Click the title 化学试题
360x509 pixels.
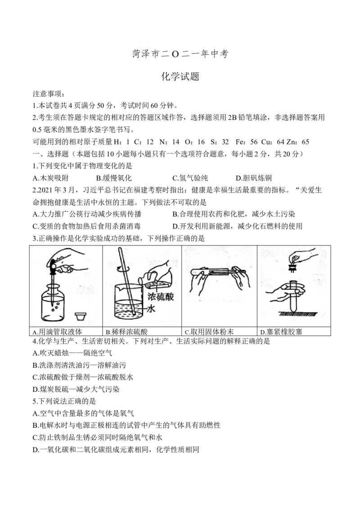pos(180,76)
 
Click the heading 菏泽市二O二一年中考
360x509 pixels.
pos(180,54)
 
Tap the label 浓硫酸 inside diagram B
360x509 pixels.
pos(161,297)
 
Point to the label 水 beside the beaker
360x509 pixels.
pos(151,309)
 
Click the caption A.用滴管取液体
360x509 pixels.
pos(57,332)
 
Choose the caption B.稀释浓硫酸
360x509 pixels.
pos(127,332)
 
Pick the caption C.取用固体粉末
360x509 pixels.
pos(209,332)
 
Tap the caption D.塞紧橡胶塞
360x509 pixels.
pos(281,332)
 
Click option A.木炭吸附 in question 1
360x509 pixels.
pos(51,178)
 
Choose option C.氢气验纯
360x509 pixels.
pos(190,178)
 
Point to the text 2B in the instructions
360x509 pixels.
pos(233,117)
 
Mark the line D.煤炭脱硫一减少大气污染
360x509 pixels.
pos(76,389)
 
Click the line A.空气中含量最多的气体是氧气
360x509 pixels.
pos(83,413)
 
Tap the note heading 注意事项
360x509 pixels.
pos(49,94)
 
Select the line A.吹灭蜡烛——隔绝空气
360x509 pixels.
pos(72,353)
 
